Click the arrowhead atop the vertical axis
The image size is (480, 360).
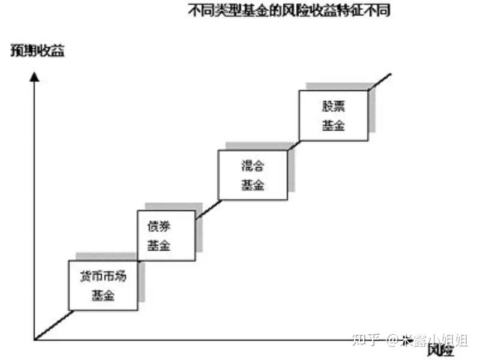coord(35,77)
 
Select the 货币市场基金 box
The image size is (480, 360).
coord(104,286)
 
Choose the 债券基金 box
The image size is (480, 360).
coord(166,235)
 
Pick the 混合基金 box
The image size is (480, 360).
coord(252,175)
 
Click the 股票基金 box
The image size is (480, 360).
coord(333,115)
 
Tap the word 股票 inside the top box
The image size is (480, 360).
coord(333,106)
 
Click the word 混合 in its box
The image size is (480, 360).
coord(252,166)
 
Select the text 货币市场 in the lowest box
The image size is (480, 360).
coord(104,277)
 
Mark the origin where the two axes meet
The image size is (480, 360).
coord(35,340)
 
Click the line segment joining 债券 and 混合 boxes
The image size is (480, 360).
coord(207,208)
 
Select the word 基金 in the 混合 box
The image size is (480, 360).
coord(252,185)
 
